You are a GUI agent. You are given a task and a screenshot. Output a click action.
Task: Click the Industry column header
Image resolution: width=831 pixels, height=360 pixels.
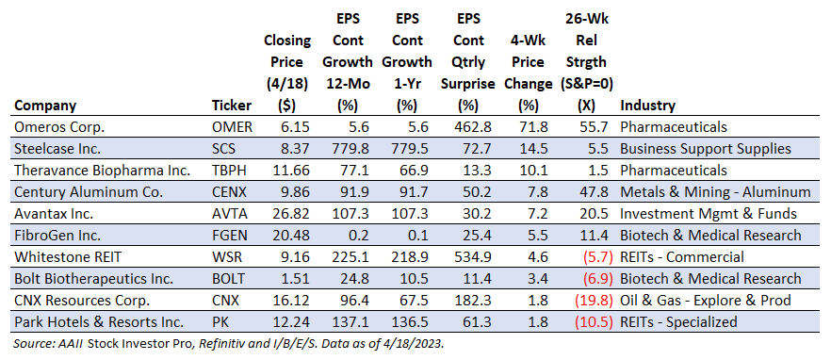[x=647, y=106]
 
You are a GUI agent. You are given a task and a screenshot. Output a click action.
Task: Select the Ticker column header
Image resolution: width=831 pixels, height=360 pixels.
[x=231, y=106]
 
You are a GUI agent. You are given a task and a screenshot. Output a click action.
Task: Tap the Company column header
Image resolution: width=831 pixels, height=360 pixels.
[x=45, y=106]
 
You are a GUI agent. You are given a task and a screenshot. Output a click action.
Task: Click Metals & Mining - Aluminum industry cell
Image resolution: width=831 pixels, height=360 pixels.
[x=715, y=192]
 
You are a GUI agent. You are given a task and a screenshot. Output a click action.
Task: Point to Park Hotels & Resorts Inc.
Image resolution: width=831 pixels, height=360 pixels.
[x=99, y=321]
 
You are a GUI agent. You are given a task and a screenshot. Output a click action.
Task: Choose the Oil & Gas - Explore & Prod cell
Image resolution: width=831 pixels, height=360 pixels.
[x=706, y=301]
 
